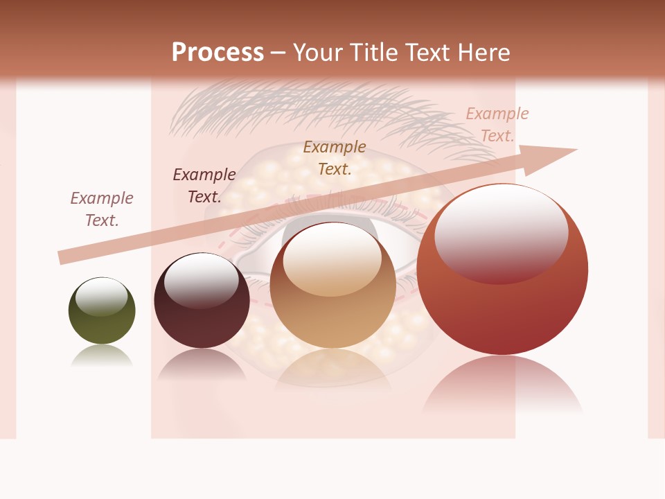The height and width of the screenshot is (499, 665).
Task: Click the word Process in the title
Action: click(x=218, y=53)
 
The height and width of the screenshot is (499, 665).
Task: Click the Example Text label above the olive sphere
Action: click(x=102, y=209)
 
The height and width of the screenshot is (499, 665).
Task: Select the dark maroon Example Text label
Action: click(x=204, y=186)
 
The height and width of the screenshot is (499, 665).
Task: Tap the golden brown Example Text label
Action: click(x=335, y=157)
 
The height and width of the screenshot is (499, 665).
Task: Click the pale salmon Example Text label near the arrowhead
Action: click(x=497, y=125)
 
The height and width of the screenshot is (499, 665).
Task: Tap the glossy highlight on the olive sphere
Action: click(x=101, y=296)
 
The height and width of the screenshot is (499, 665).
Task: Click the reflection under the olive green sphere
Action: click(x=102, y=355)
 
